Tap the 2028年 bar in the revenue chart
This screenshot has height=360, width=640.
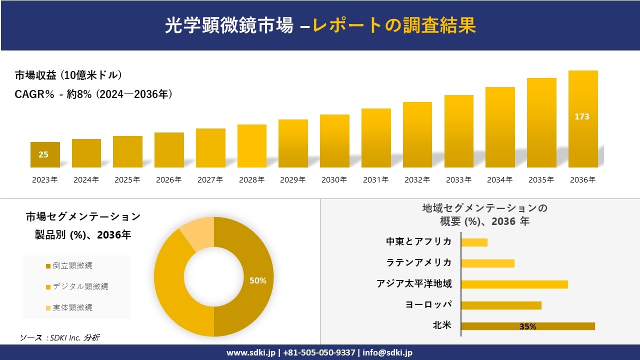tap(252, 146)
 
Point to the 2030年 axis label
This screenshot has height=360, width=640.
tap(334, 180)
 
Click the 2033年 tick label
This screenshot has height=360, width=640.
tap(458, 180)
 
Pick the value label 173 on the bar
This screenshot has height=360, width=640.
tap(582, 116)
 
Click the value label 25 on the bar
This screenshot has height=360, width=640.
tap(43, 154)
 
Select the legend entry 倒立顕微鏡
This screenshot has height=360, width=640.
tap(72, 265)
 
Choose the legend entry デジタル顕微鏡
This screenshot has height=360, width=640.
tap(80, 286)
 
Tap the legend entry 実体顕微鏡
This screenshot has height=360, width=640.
tap(72, 307)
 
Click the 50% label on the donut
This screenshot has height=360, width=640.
tap(258, 280)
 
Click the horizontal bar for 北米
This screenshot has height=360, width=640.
tap(527, 326)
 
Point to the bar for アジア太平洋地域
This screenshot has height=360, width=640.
tap(514, 284)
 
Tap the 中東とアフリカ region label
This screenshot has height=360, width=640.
tap(418, 241)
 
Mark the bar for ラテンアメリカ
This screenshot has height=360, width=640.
tap(487, 263)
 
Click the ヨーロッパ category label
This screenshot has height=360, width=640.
tap(428, 304)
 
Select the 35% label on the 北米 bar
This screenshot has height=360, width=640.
tap(527, 326)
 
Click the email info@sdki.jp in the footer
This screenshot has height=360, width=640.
tap(387, 352)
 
